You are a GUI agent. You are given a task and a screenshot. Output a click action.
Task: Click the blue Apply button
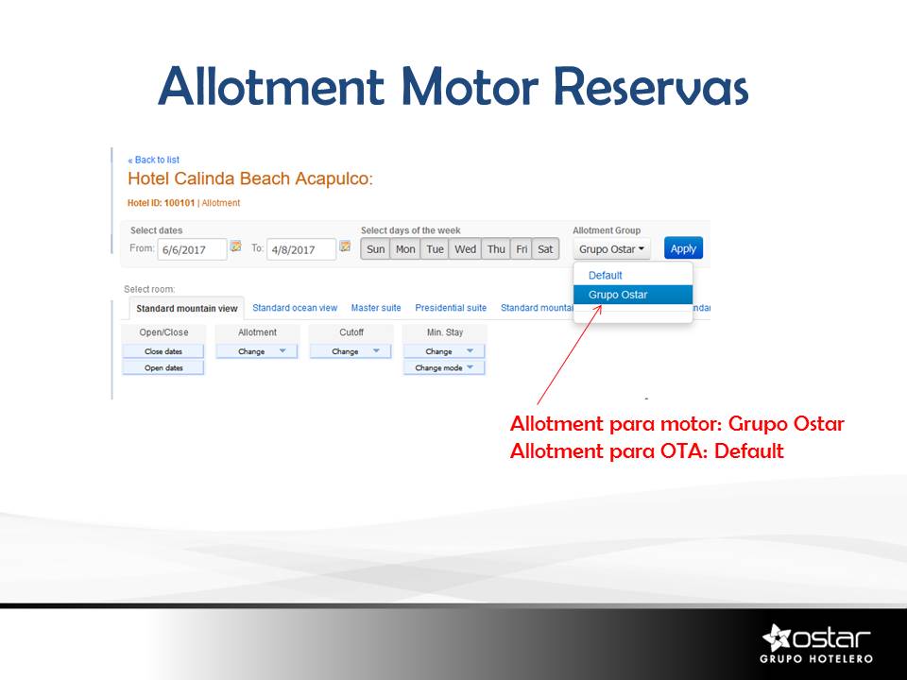pyautogui.click(x=683, y=248)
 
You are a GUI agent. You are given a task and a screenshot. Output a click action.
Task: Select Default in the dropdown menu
pyautogui.click(x=605, y=275)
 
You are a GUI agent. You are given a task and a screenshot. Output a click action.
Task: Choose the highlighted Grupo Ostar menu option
pyautogui.click(x=633, y=295)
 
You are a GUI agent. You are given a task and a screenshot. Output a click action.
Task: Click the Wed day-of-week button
pyautogui.click(x=465, y=249)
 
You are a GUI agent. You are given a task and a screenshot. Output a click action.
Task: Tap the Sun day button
pyautogui.click(x=375, y=249)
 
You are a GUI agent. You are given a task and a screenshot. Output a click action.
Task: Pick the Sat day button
pyautogui.click(x=545, y=249)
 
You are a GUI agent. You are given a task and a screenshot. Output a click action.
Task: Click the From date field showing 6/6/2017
pyautogui.click(x=192, y=249)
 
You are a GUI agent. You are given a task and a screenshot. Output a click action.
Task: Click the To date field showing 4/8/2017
pyautogui.click(x=300, y=249)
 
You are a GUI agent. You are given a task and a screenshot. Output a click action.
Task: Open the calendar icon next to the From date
pyautogui.click(x=235, y=246)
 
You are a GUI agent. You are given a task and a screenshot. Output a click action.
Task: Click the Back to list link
pyautogui.click(x=154, y=160)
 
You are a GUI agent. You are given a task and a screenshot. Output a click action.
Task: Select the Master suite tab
pyautogui.click(x=376, y=308)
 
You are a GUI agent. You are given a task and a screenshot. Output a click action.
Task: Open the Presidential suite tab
pyautogui.click(x=451, y=308)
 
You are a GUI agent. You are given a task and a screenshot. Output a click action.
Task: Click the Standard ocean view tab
pyautogui.click(x=295, y=308)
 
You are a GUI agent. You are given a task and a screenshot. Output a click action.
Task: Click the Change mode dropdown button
pyautogui.click(x=444, y=367)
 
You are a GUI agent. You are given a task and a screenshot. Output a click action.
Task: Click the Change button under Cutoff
pyautogui.click(x=351, y=351)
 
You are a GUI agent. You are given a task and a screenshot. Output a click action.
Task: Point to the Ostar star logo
pyautogui.click(x=777, y=637)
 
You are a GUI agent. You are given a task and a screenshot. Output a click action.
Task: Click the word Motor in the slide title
pyautogui.click(x=470, y=87)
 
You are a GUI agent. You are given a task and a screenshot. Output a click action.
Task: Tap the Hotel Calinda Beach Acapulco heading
pyautogui.click(x=250, y=178)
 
